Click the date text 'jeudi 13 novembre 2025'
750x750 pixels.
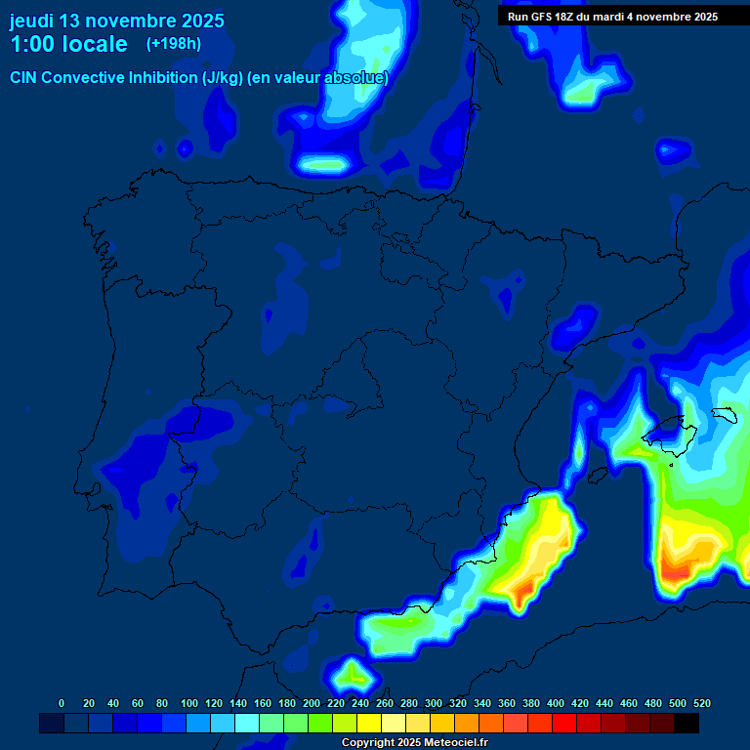pyautogui.click(x=116, y=21)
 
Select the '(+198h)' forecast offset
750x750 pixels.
pyautogui.click(x=173, y=43)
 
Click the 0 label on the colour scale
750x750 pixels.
pyautogui.click(x=62, y=703)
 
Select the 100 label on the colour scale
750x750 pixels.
pyautogui.click(x=188, y=703)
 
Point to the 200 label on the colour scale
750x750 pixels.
pyautogui.click(x=311, y=703)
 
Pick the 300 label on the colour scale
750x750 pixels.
pyautogui.click(x=433, y=703)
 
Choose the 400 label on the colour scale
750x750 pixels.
pyautogui.click(x=555, y=703)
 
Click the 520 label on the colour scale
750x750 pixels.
pyautogui.click(x=700, y=703)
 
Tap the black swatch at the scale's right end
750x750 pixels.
pyautogui.click(x=687, y=723)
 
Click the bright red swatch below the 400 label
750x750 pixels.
pyautogui.click(x=564, y=723)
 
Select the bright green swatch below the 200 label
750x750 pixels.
pyautogui.click(x=320, y=723)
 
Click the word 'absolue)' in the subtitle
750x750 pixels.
pyautogui.click(x=357, y=78)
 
